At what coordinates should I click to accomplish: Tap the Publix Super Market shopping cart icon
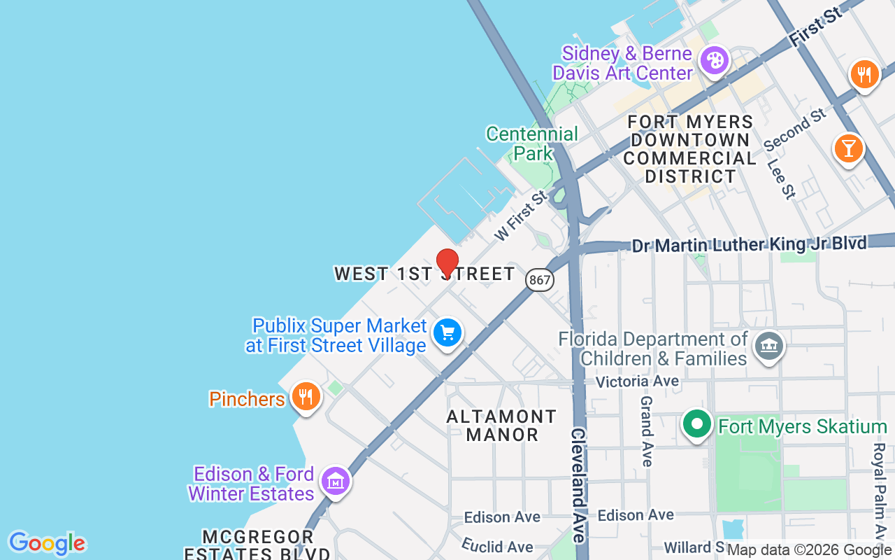coord(447,333)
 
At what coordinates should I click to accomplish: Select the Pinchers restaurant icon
coord(306,397)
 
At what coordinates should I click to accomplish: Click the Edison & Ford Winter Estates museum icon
coord(336,482)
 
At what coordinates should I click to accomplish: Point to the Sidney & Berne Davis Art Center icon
coord(715,61)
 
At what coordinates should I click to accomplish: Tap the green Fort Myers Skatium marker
coord(696,425)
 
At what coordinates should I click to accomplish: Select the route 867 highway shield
coord(540,280)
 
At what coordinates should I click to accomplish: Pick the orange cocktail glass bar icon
coord(848,148)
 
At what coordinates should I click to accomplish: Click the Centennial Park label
coord(532,143)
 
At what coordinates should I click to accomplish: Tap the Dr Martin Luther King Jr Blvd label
coord(749,245)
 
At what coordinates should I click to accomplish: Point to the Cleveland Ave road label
coord(579,484)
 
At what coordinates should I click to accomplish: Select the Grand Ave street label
coord(647,431)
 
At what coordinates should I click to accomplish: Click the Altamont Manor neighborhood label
coord(501,426)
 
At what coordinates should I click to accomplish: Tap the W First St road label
coord(521,216)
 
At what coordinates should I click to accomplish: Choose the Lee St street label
coord(781,178)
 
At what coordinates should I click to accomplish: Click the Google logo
coord(47,543)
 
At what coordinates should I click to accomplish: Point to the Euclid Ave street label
coord(497,546)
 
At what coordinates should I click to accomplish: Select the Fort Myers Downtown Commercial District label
coord(689,149)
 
